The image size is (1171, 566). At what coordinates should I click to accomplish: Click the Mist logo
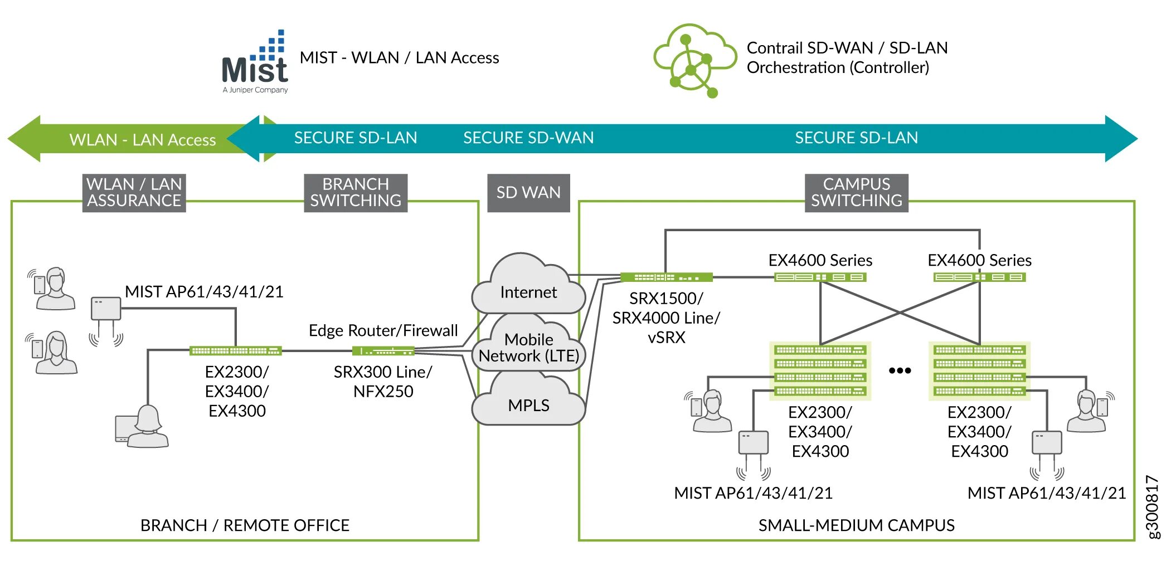[x=255, y=64]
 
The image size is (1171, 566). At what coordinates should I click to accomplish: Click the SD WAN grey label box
[x=528, y=193]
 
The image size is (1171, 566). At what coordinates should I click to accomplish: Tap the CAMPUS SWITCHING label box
[x=856, y=193]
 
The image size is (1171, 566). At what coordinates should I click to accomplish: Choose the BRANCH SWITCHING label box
[x=356, y=193]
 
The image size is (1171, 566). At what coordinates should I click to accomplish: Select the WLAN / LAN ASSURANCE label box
[x=134, y=193]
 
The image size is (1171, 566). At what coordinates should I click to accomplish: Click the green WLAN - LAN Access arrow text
[x=142, y=140]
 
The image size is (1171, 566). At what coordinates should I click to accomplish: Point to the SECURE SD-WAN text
[x=528, y=138]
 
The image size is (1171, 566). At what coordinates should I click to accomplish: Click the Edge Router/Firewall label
[x=383, y=330]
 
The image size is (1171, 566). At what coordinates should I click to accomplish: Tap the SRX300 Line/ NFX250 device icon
[x=383, y=351]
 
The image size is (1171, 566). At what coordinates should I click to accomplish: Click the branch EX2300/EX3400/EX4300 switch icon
[x=235, y=350]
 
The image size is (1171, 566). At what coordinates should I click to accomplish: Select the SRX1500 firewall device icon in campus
[x=666, y=277]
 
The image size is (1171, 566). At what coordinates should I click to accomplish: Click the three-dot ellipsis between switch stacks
[x=900, y=370]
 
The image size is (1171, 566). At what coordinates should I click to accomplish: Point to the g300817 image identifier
[x=1153, y=506]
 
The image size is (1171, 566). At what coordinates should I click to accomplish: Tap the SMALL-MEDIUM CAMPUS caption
[x=856, y=525]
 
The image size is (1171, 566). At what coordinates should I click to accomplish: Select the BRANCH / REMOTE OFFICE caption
[x=245, y=525]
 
